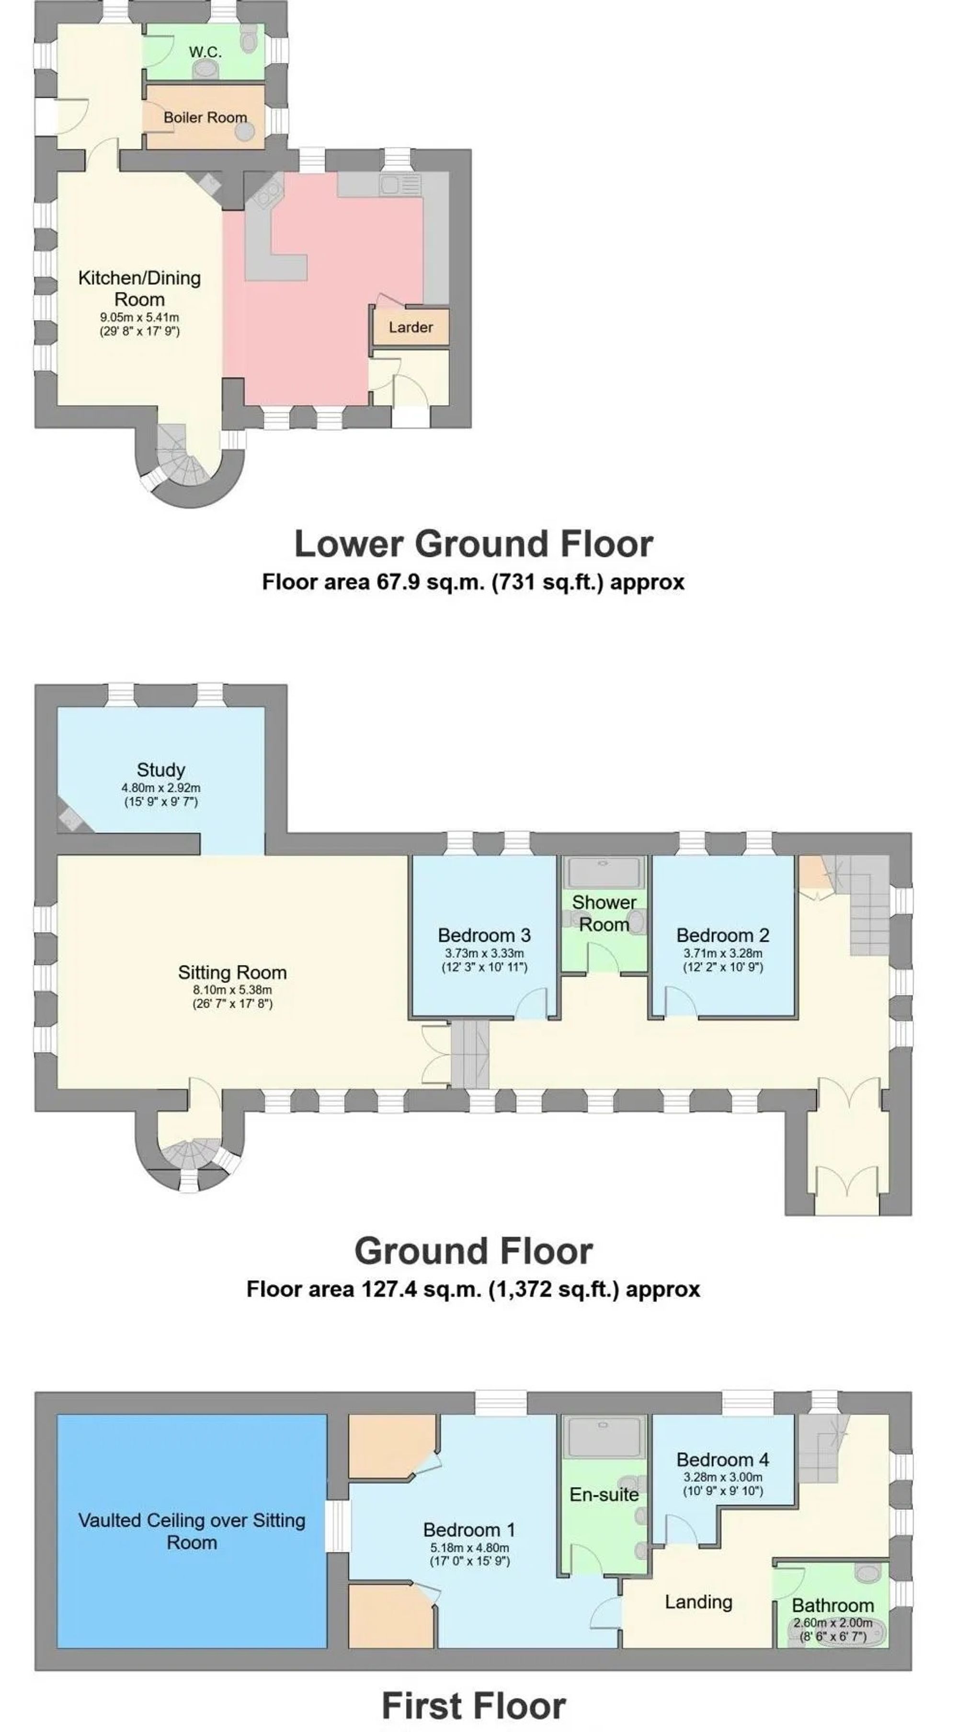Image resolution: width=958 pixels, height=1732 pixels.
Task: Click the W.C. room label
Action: pos(205,52)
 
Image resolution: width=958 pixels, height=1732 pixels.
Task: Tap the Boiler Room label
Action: pos(205,118)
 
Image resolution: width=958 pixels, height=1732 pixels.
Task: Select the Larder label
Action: pos(411,327)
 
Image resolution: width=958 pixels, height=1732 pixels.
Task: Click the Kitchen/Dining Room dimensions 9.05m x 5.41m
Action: pos(140,317)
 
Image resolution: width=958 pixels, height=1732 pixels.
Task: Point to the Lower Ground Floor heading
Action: pos(473,543)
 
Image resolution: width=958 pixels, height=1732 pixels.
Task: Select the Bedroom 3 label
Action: pos(484,935)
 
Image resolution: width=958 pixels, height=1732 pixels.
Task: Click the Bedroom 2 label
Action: pos(723,935)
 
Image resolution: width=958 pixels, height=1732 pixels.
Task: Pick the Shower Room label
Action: pos(604,913)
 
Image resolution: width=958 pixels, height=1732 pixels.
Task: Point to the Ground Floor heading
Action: pos(473,1251)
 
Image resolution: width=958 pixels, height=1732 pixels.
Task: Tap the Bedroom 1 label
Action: pos(469,1530)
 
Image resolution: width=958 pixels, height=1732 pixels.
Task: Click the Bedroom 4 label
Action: pos(723,1460)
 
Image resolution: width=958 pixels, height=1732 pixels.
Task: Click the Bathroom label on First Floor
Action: pos(833,1606)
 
